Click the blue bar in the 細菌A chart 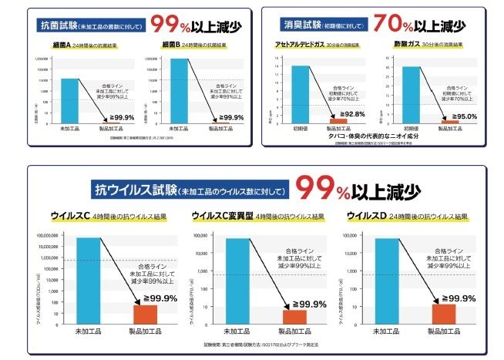coord(69,99)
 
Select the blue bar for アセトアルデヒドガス coord(300,94)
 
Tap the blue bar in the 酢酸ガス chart coord(411,94)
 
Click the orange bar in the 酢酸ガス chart coord(449,122)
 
